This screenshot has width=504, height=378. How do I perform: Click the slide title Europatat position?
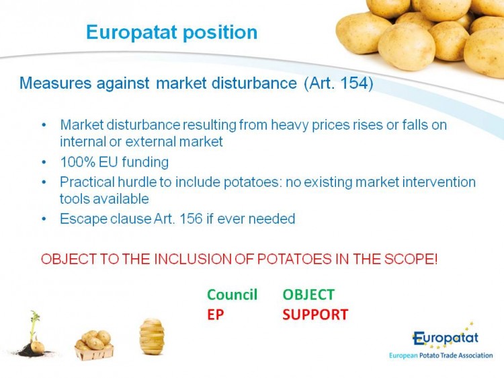[x=171, y=32]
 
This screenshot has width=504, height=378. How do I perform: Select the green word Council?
[x=232, y=295]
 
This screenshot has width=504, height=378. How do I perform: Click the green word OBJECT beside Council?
[x=308, y=295]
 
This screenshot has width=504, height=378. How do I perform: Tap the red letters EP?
[x=215, y=314]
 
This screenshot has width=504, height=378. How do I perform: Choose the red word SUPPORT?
[x=315, y=314]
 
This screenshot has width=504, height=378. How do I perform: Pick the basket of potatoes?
[x=94, y=345]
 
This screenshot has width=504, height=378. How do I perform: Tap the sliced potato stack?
[x=152, y=336]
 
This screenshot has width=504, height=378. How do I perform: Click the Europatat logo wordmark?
[x=446, y=338]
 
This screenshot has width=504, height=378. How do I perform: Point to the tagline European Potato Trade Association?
[x=441, y=356]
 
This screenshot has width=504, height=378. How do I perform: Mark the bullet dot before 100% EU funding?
[x=44, y=162]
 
